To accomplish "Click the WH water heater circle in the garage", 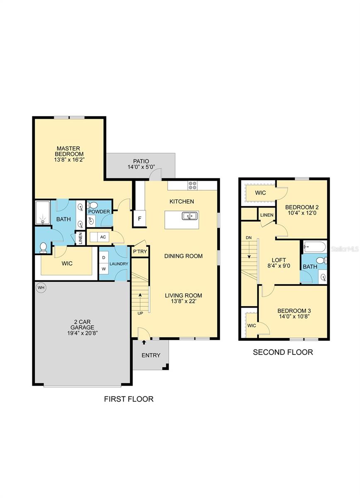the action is tap(41, 288).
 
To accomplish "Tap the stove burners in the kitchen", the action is tap(192, 186).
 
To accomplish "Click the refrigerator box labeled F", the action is tap(139, 219).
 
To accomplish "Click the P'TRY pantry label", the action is tap(140, 251).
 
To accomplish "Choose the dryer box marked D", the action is tap(104, 257).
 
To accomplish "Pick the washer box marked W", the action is tap(104, 269).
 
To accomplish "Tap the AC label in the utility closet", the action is tap(103, 237).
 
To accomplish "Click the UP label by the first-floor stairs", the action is tap(140, 313).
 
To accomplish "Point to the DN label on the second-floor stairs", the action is tap(249, 238).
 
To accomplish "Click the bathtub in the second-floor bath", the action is tap(315, 247).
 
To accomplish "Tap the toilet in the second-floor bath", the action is tap(321, 260).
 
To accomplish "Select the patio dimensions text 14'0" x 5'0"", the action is tap(141, 167).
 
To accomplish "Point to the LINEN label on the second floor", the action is tap(267, 215).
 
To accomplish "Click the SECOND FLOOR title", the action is tap(283, 352).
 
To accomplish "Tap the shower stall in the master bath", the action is tap(43, 213).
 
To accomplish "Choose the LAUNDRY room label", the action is tap(119, 264).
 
